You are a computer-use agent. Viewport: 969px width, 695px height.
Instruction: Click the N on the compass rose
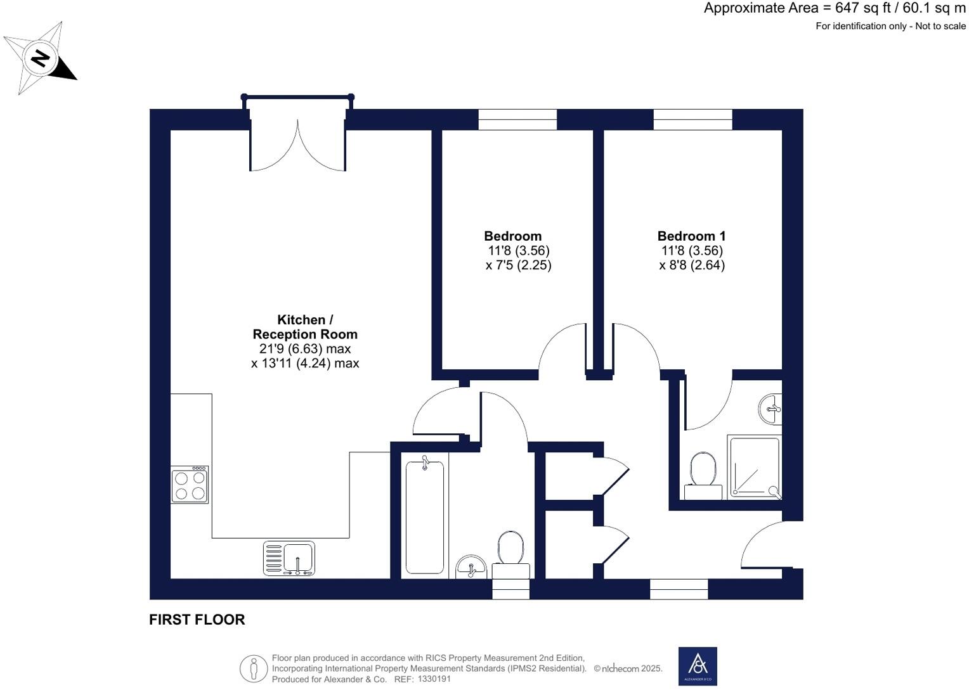click(x=41, y=58)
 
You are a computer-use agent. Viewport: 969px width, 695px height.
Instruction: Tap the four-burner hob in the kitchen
click(x=190, y=484)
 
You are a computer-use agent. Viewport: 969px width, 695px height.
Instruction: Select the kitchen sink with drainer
click(x=289, y=558)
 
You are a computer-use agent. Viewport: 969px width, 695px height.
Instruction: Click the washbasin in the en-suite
click(x=771, y=408)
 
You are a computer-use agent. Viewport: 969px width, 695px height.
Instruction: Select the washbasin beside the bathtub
click(x=471, y=566)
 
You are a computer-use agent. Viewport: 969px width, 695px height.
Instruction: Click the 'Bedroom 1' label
click(x=691, y=236)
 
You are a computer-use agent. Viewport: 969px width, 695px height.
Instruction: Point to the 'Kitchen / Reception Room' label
click(x=305, y=327)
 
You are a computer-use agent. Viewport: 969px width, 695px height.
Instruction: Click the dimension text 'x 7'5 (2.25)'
click(x=518, y=265)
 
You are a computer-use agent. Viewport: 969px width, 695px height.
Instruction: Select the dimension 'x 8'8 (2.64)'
click(x=692, y=265)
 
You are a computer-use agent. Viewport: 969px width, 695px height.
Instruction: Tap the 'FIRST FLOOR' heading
click(x=197, y=620)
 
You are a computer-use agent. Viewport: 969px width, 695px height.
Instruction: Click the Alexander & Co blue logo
click(x=698, y=666)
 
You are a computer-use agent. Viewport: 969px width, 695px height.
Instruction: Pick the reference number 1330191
click(x=434, y=679)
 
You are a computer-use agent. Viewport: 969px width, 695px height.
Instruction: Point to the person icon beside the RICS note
click(x=254, y=668)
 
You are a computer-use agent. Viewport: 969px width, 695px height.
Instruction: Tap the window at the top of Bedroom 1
click(x=693, y=119)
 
